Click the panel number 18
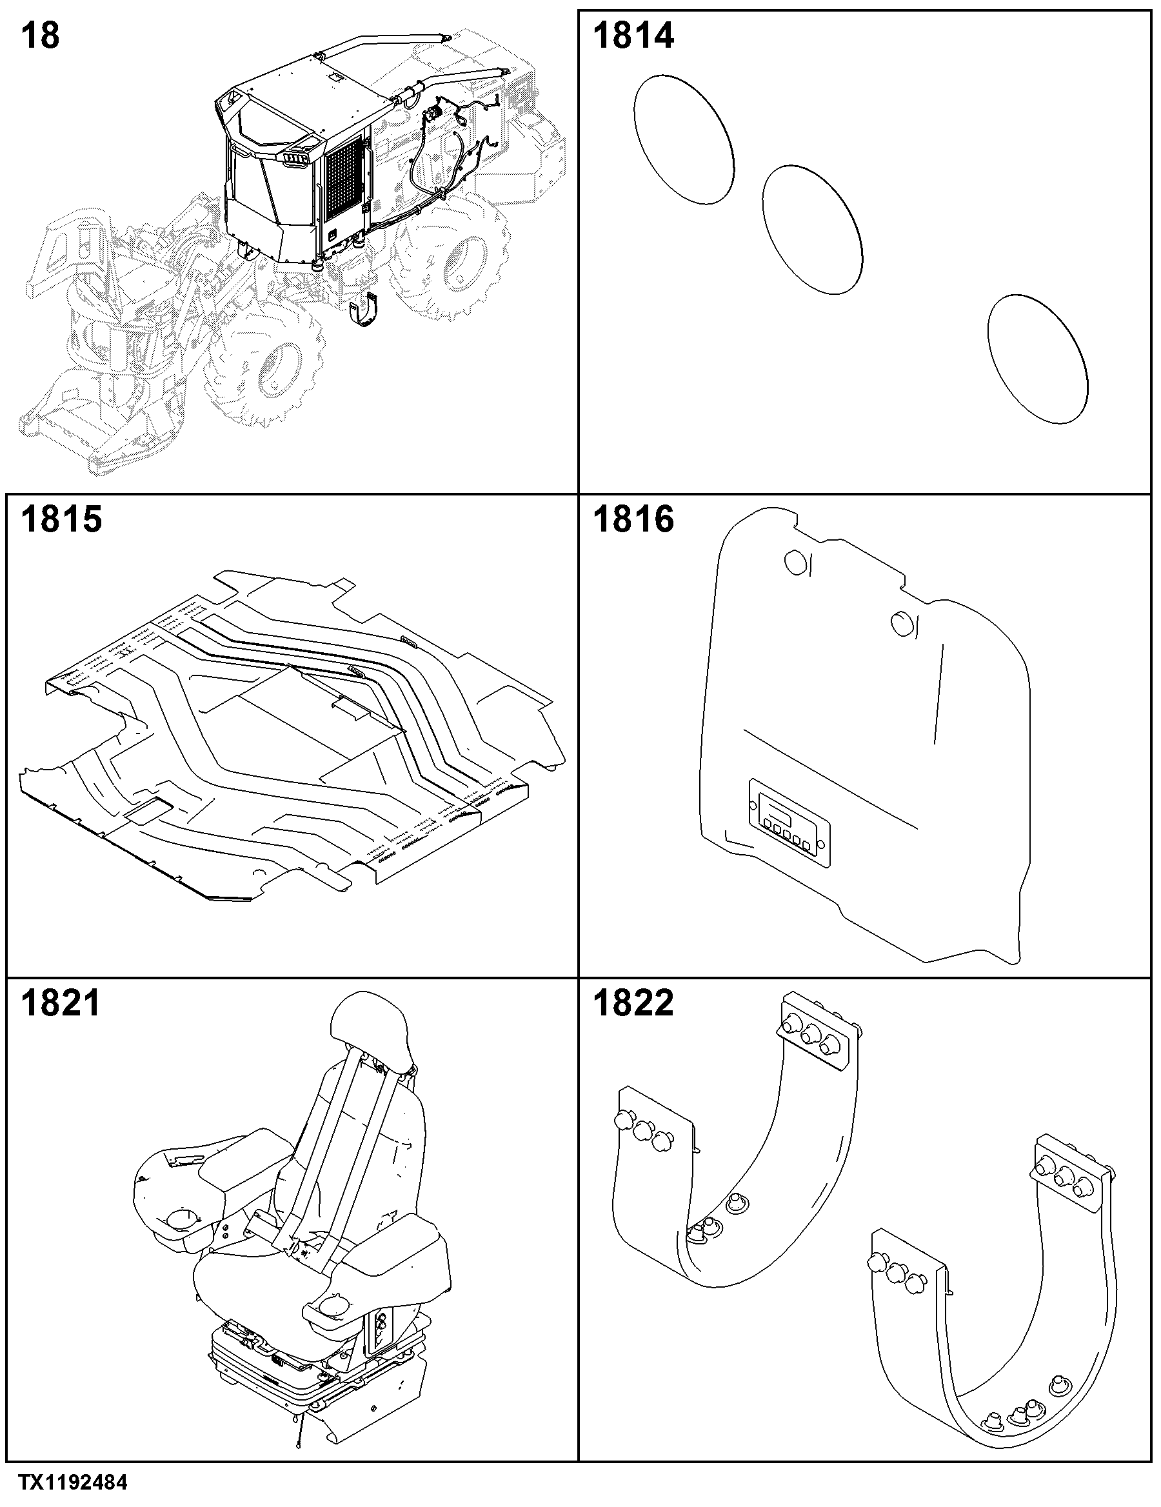coord(40,36)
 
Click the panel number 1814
coord(633,36)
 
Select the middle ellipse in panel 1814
coord(813,230)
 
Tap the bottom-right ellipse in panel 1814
coord(1038,358)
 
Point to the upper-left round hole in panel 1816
coord(795,564)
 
